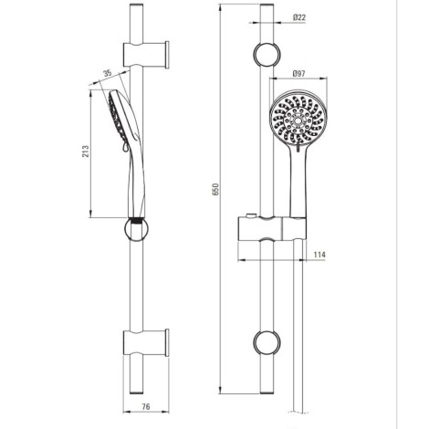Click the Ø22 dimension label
coord(299,17)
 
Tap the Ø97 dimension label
coord(298,73)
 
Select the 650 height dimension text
coord(215,189)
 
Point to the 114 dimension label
coord(319,255)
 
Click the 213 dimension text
coord(86,152)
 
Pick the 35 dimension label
coord(108,73)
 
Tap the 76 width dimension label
coord(146,406)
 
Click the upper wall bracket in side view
coord(146,55)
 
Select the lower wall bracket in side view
coord(146,342)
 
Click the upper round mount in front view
coord(267,55)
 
